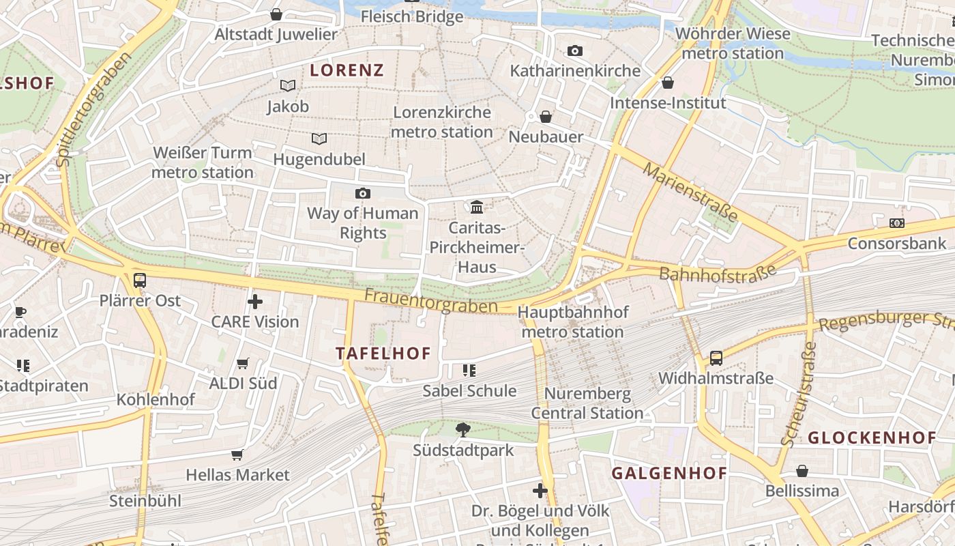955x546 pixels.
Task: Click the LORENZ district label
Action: coord(347,70)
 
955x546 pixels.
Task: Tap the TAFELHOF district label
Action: coord(383,353)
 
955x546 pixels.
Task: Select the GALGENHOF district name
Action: coord(668,473)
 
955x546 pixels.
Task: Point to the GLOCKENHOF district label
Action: coord(872,437)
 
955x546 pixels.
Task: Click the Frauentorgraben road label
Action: coord(430,301)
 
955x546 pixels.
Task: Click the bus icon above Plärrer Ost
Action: coord(140,280)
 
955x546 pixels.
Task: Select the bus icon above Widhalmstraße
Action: coord(716,358)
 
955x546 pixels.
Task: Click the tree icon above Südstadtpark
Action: coord(463,429)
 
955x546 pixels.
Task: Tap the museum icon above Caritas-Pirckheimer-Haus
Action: coord(477,206)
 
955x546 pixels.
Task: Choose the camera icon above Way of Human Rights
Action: coord(363,193)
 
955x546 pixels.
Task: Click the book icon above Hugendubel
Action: coord(319,139)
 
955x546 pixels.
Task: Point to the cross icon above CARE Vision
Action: coord(254,301)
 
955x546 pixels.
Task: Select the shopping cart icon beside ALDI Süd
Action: coord(242,364)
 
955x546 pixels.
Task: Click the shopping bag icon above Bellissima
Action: coord(802,471)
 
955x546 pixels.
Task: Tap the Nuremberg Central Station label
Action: coord(587,403)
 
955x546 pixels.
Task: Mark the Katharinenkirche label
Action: coord(575,70)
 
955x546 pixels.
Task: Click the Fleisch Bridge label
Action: coord(411,16)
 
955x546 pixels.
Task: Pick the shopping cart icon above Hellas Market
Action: coord(237,455)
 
